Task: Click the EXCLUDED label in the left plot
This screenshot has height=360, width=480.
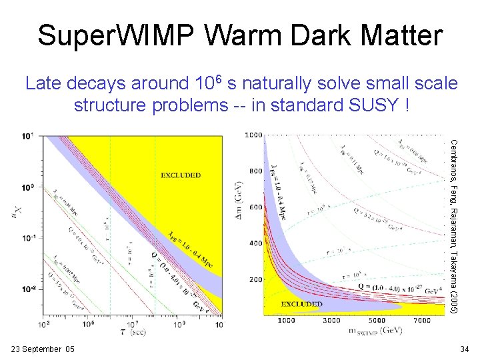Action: pos(181,175)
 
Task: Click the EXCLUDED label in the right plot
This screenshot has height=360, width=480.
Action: pos(302,304)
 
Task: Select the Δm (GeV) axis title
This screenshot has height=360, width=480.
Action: pos(240,195)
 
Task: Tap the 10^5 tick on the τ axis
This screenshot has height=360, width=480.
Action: pos(89,323)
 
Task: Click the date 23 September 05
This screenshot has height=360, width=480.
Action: pos(43,349)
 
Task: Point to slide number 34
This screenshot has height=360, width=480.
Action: pos(464,349)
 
